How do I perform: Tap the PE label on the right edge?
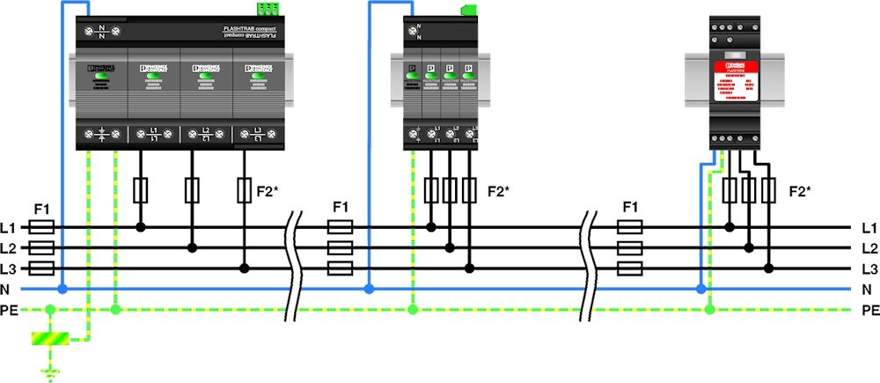pos(870,310)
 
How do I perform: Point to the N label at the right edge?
pos(867,289)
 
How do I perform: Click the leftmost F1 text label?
pos(42,209)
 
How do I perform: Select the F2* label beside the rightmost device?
pos(799,190)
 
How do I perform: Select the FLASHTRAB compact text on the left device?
pos(250,32)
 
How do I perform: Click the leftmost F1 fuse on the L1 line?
pos(42,227)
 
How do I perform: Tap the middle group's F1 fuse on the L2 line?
pos(341,248)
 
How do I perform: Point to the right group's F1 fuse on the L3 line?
pos(629,269)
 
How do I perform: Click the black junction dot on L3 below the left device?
pos(246,269)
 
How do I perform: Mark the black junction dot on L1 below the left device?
pos(141,227)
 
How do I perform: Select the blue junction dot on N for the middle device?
pos(369,289)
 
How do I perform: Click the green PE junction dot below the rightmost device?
pos(710,309)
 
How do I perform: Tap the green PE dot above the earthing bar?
pos(49,310)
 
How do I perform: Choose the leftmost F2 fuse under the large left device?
pos(141,189)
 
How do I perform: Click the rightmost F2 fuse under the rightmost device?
pos(769,189)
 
